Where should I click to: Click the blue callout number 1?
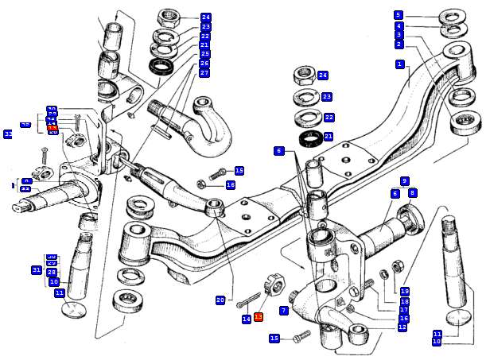pos(399,64)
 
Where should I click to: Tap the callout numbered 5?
pos(399,14)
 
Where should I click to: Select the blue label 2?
pos(399,45)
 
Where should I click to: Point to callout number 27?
pos(204,72)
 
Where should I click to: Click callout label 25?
pos(204,54)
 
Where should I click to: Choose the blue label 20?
pos(220,300)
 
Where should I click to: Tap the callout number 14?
pos(247,319)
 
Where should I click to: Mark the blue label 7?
pos(283,310)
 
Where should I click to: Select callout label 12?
pos(402,327)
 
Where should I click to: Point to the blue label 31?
pos(37,270)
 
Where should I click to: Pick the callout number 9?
pos(404,181)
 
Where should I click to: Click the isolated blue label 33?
pos(8,134)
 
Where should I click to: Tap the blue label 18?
pos(404,301)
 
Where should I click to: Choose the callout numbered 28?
pos(52,273)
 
